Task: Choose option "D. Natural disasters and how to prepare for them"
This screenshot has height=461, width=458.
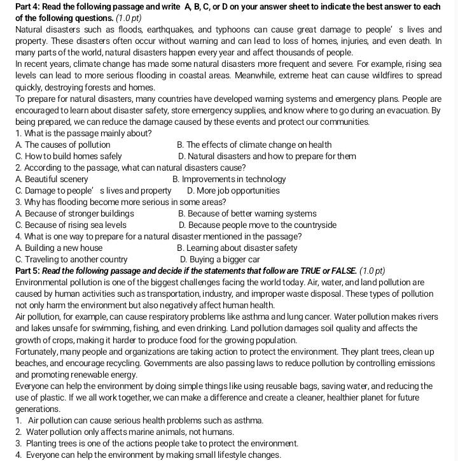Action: pos(267,157)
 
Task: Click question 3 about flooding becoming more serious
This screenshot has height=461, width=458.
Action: pos(121,202)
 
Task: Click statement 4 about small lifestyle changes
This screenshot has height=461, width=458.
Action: pos(147,455)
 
